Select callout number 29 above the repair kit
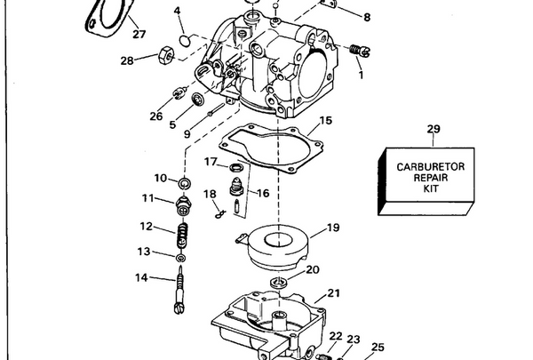click(x=433, y=130)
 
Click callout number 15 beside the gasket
click(x=325, y=120)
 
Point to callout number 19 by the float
click(x=332, y=228)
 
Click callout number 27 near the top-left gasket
click(x=138, y=35)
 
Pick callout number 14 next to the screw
click(x=141, y=277)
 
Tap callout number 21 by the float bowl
click(x=333, y=293)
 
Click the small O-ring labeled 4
click(x=184, y=39)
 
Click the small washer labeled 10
click(x=185, y=184)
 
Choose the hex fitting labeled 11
click(x=184, y=203)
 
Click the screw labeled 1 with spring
click(x=357, y=51)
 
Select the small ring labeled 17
click(x=235, y=167)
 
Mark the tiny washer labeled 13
click(x=181, y=258)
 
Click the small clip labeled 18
click(x=218, y=211)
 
